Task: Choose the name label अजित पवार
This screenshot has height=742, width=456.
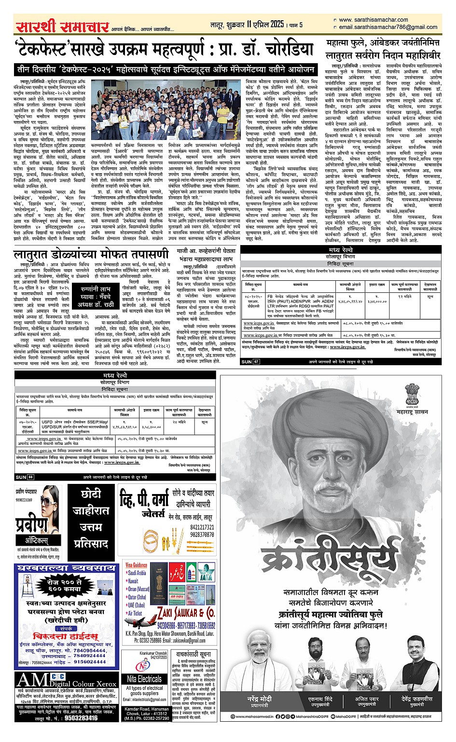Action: (368, 699)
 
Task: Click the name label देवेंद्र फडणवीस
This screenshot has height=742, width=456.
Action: (416, 699)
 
